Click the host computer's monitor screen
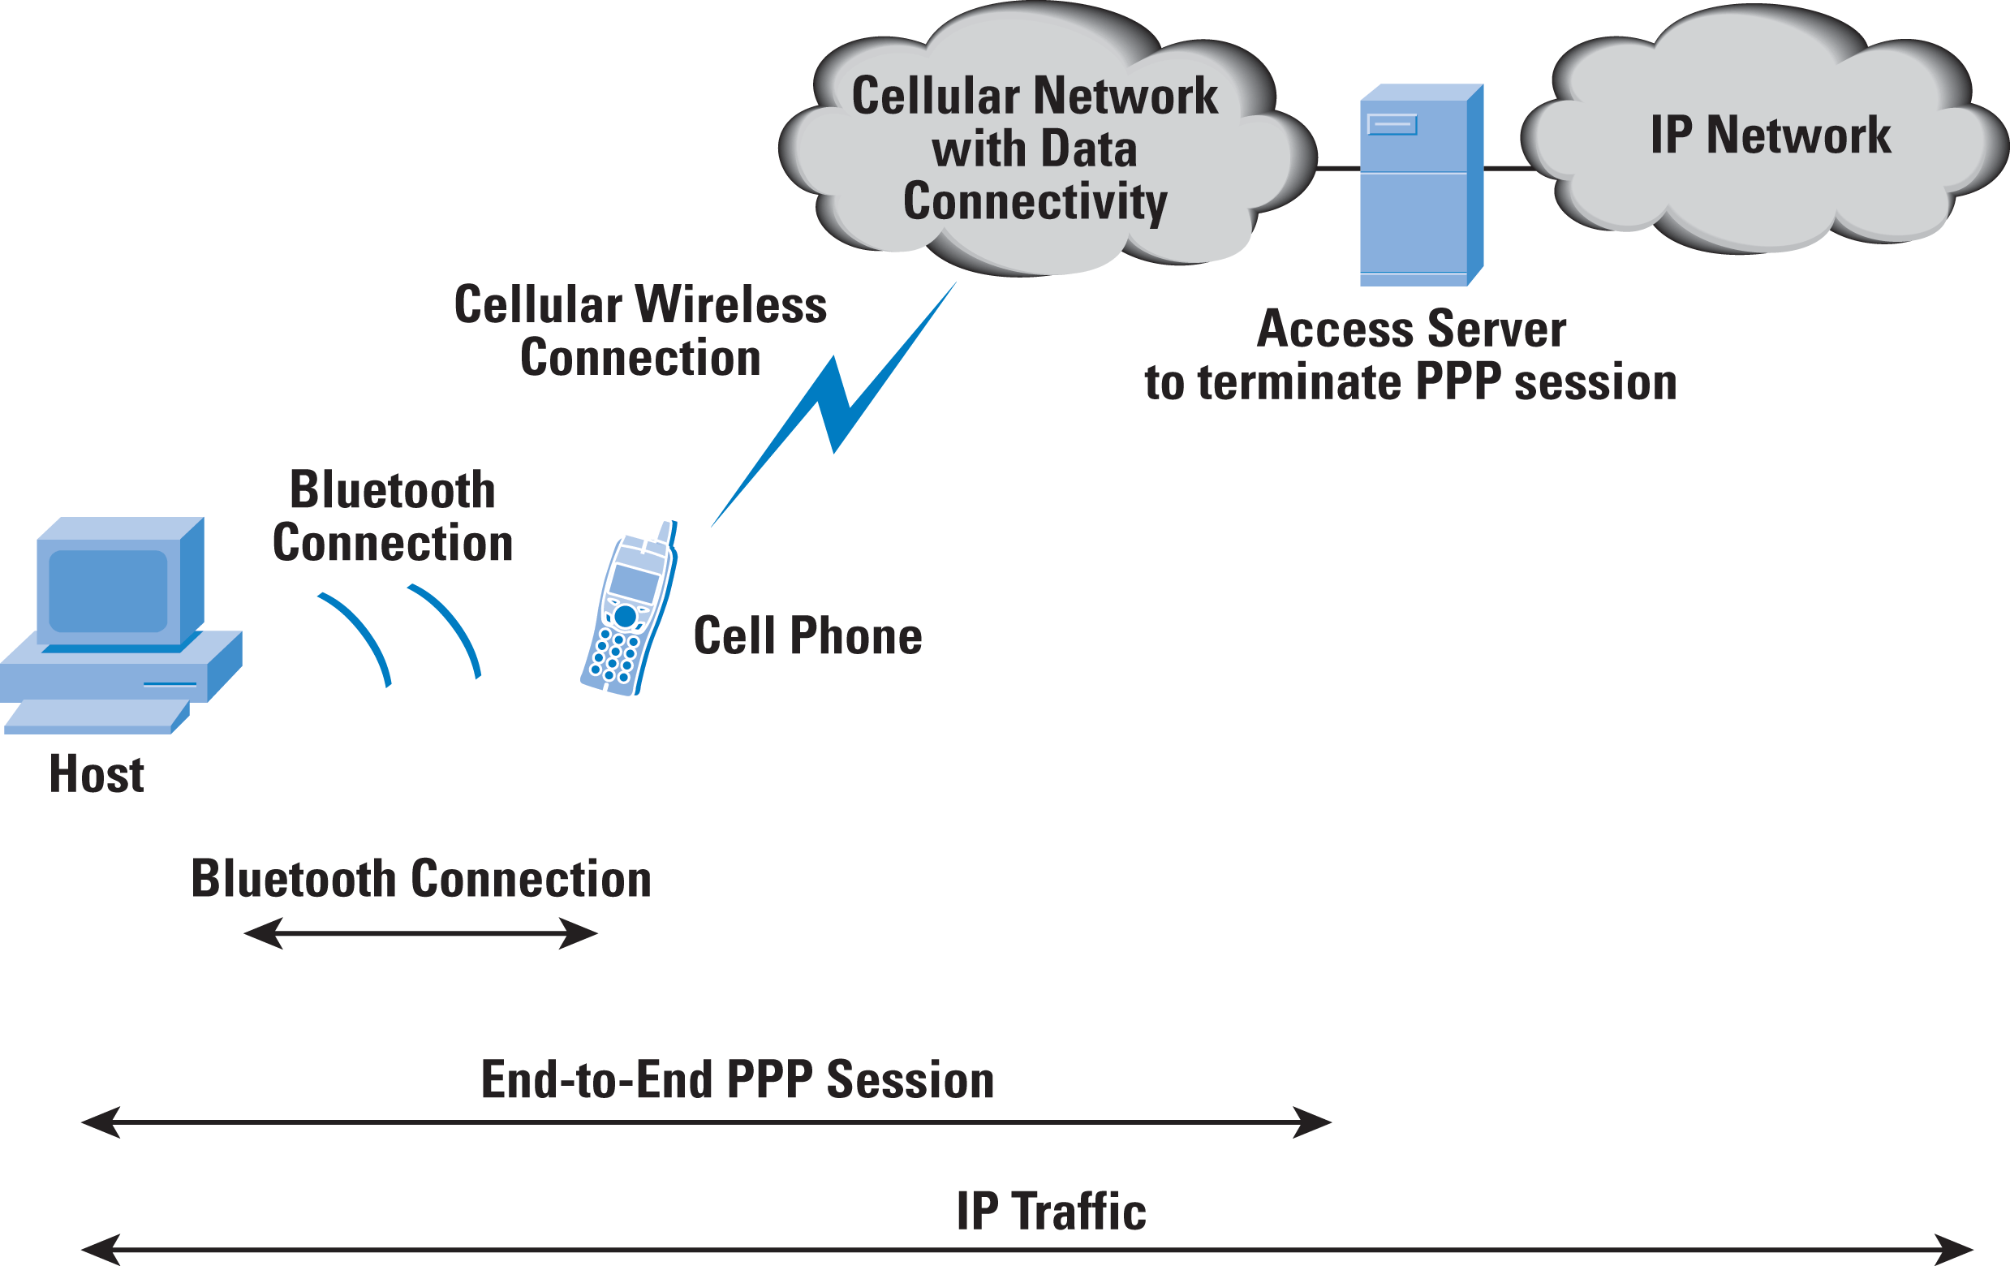(x=109, y=590)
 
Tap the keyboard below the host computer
(x=97, y=717)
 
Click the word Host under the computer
(x=97, y=773)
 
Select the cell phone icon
(x=630, y=609)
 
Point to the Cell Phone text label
(x=808, y=636)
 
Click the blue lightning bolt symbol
(x=834, y=404)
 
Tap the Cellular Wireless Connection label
(x=640, y=330)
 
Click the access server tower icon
(x=1422, y=185)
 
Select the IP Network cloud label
(x=1771, y=136)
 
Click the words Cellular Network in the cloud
(x=1035, y=96)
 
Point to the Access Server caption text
(x=1410, y=355)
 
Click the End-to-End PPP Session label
(x=738, y=1080)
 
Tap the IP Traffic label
(x=1052, y=1211)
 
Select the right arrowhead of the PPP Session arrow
(x=1312, y=1122)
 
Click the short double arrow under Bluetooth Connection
(x=420, y=933)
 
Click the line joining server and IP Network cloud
(x=1510, y=169)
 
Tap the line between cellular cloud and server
(x=1338, y=169)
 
